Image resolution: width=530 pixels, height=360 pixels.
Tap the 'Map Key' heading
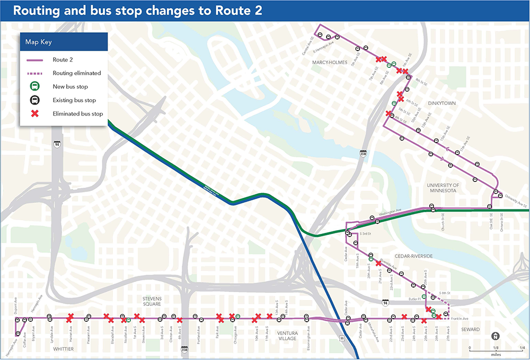(38, 42)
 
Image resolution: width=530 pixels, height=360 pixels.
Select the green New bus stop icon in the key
(33, 86)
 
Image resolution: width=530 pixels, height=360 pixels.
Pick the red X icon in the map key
(33, 113)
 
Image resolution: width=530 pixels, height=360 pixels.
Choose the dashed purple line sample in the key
(33, 73)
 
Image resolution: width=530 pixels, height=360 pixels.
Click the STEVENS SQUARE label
(155, 302)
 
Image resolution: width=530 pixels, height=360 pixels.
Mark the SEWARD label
(470, 330)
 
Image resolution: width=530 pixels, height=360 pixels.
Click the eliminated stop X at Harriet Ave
(69, 318)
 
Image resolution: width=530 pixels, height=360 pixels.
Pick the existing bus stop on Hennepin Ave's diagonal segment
(18, 333)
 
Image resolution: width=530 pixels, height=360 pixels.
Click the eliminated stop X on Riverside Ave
(378, 263)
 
